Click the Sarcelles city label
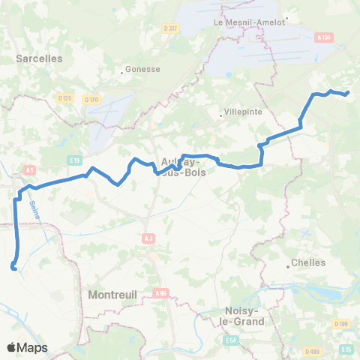(40, 57)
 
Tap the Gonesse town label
(143, 68)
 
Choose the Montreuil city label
(112, 295)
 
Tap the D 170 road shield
(91, 99)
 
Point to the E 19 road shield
(74, 160)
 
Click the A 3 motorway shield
(148, 238)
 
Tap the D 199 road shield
(342, 323)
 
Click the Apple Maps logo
(26, 347)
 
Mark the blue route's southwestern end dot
(13, 266)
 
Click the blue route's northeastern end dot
(347, 93)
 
